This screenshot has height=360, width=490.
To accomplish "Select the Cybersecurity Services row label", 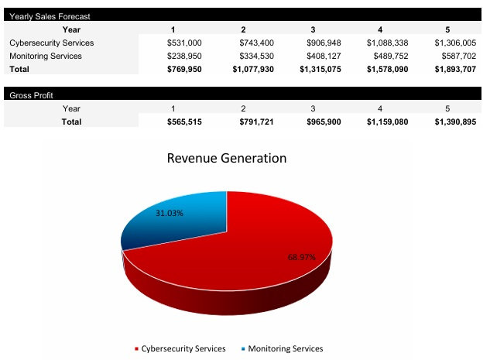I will (x=51, y=43).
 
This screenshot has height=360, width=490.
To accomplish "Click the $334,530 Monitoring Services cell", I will (x=254, y=56).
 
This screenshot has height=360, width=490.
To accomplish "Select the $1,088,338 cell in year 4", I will (x=385, y=43).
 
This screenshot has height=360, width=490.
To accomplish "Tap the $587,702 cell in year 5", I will (x=455, y=56).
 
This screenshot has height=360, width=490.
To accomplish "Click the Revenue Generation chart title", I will (x=227, y=158).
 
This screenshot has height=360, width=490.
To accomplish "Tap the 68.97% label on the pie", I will (x=302, y=257).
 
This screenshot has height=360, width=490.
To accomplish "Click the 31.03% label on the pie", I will (x=170, y=213).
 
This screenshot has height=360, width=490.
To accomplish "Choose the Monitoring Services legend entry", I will (x=283, y=348).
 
